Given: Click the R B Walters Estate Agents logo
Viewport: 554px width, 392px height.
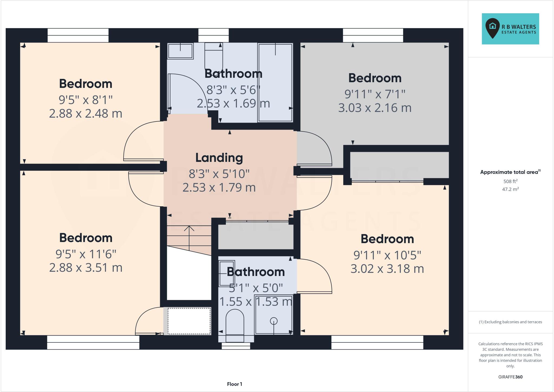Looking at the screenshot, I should pyautogui.click(x=510, y=29).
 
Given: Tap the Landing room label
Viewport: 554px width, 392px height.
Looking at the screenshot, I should pyautogui.click(x=219, y=158).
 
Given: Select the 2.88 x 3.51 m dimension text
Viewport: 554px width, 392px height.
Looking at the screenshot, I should pyautogui.click(x=86, y=268).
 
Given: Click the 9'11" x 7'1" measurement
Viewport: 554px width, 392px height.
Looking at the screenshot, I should pyautogui.click(x=375, y=94).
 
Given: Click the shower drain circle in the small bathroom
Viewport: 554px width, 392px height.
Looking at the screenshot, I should pyautogui.click(x=274, y=321).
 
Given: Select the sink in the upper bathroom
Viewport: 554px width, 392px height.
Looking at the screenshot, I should pyautogui.click(x=180, y=51).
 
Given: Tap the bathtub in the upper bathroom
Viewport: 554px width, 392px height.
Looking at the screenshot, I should pyautogui.click(x=275, y=83).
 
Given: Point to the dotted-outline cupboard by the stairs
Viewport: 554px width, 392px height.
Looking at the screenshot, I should pyautogui.click(x=189, y=321).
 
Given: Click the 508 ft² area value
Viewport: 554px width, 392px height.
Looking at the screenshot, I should pyautogui.click(x=510, y=181).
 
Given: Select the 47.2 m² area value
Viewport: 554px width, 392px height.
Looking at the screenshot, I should pyautogui.click(x=510, y=189).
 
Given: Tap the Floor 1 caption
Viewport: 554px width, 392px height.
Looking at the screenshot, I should pyautogui.click(x=234, y=384).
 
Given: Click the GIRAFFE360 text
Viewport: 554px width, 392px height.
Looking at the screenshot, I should pyautogui.click(x=510, y=377).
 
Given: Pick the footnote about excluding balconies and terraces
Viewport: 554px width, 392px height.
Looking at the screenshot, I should pyautogui.click(x=510, y=322).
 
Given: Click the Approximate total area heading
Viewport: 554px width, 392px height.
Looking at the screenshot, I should pyautogui.click(x=510, y=172).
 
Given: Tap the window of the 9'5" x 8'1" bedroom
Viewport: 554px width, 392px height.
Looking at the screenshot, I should pyautogui.click(x=78, y=35).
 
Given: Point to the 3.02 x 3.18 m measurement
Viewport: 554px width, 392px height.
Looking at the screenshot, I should pyautogui.click(x=387, y=269).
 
